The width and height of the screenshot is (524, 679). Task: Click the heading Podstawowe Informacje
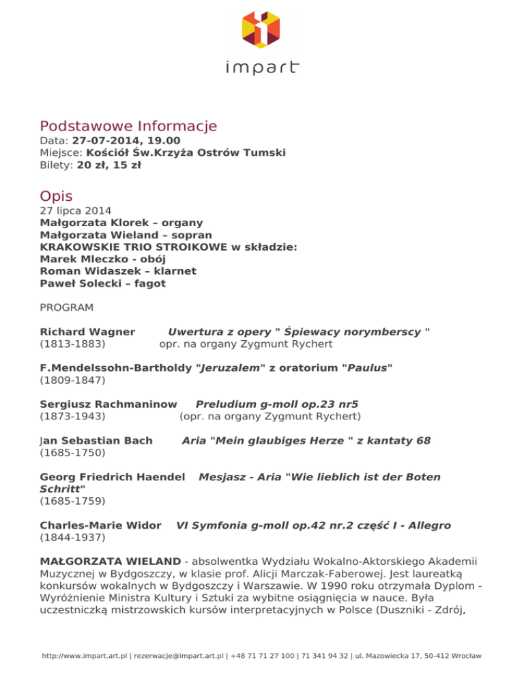point(128,126)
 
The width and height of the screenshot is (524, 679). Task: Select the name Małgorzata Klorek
point(92,223)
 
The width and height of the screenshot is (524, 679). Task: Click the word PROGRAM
point(67,307)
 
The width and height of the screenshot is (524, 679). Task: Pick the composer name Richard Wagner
point(87,331)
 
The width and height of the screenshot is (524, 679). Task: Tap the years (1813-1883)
point(72,344)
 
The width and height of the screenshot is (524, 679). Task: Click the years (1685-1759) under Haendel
point(72,501)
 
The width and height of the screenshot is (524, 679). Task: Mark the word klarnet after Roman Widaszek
point(173,271)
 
